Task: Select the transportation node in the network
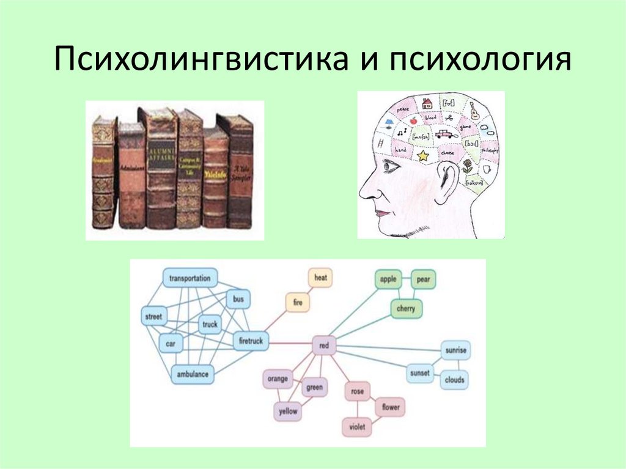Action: [x=190, y=278]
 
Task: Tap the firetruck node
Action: [x=251, y=341]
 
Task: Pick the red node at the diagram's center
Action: [x=324, y=346]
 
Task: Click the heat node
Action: [x=320, y=278]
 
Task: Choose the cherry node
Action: [x=405, y=309]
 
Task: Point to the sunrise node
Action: [x=455, y=350]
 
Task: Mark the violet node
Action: [x=356, y=426]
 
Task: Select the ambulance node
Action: [x=192, y=374]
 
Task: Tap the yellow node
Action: [x=288, y=412]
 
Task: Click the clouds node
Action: [x=455, y=380]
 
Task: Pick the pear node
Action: [x=423, y=279]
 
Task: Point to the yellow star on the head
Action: [x=423, y=156]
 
